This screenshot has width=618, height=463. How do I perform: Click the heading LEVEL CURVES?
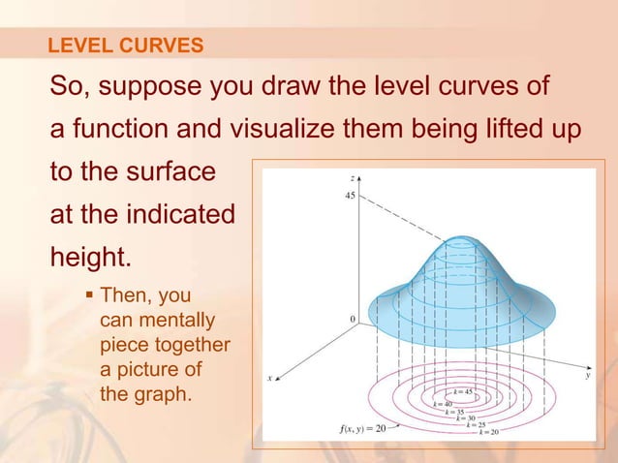pyautogui.click(x=126, y=45)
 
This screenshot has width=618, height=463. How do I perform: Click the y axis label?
pyautogui.click(x=587, y=377)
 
